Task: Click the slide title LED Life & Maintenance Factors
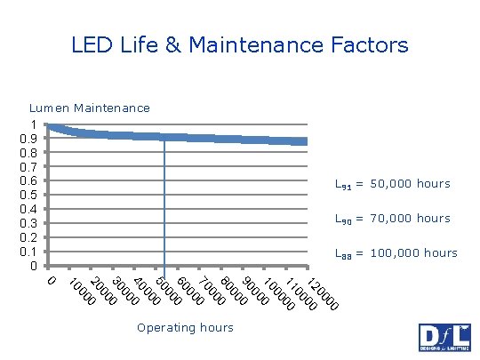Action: coord(240,44)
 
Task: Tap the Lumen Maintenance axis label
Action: coord(90,108)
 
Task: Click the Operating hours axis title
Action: coord(185,327)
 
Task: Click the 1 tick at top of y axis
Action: coord(34,124)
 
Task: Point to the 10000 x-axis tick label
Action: coord(80,293)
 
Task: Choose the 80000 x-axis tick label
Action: coord(233,289)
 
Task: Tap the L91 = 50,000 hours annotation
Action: coord(392,184)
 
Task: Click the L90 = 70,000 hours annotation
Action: coord(392,219)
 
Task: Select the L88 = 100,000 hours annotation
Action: coord(396,253)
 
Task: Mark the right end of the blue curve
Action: coord(306,141)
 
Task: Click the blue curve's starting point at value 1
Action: coord(50,126)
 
